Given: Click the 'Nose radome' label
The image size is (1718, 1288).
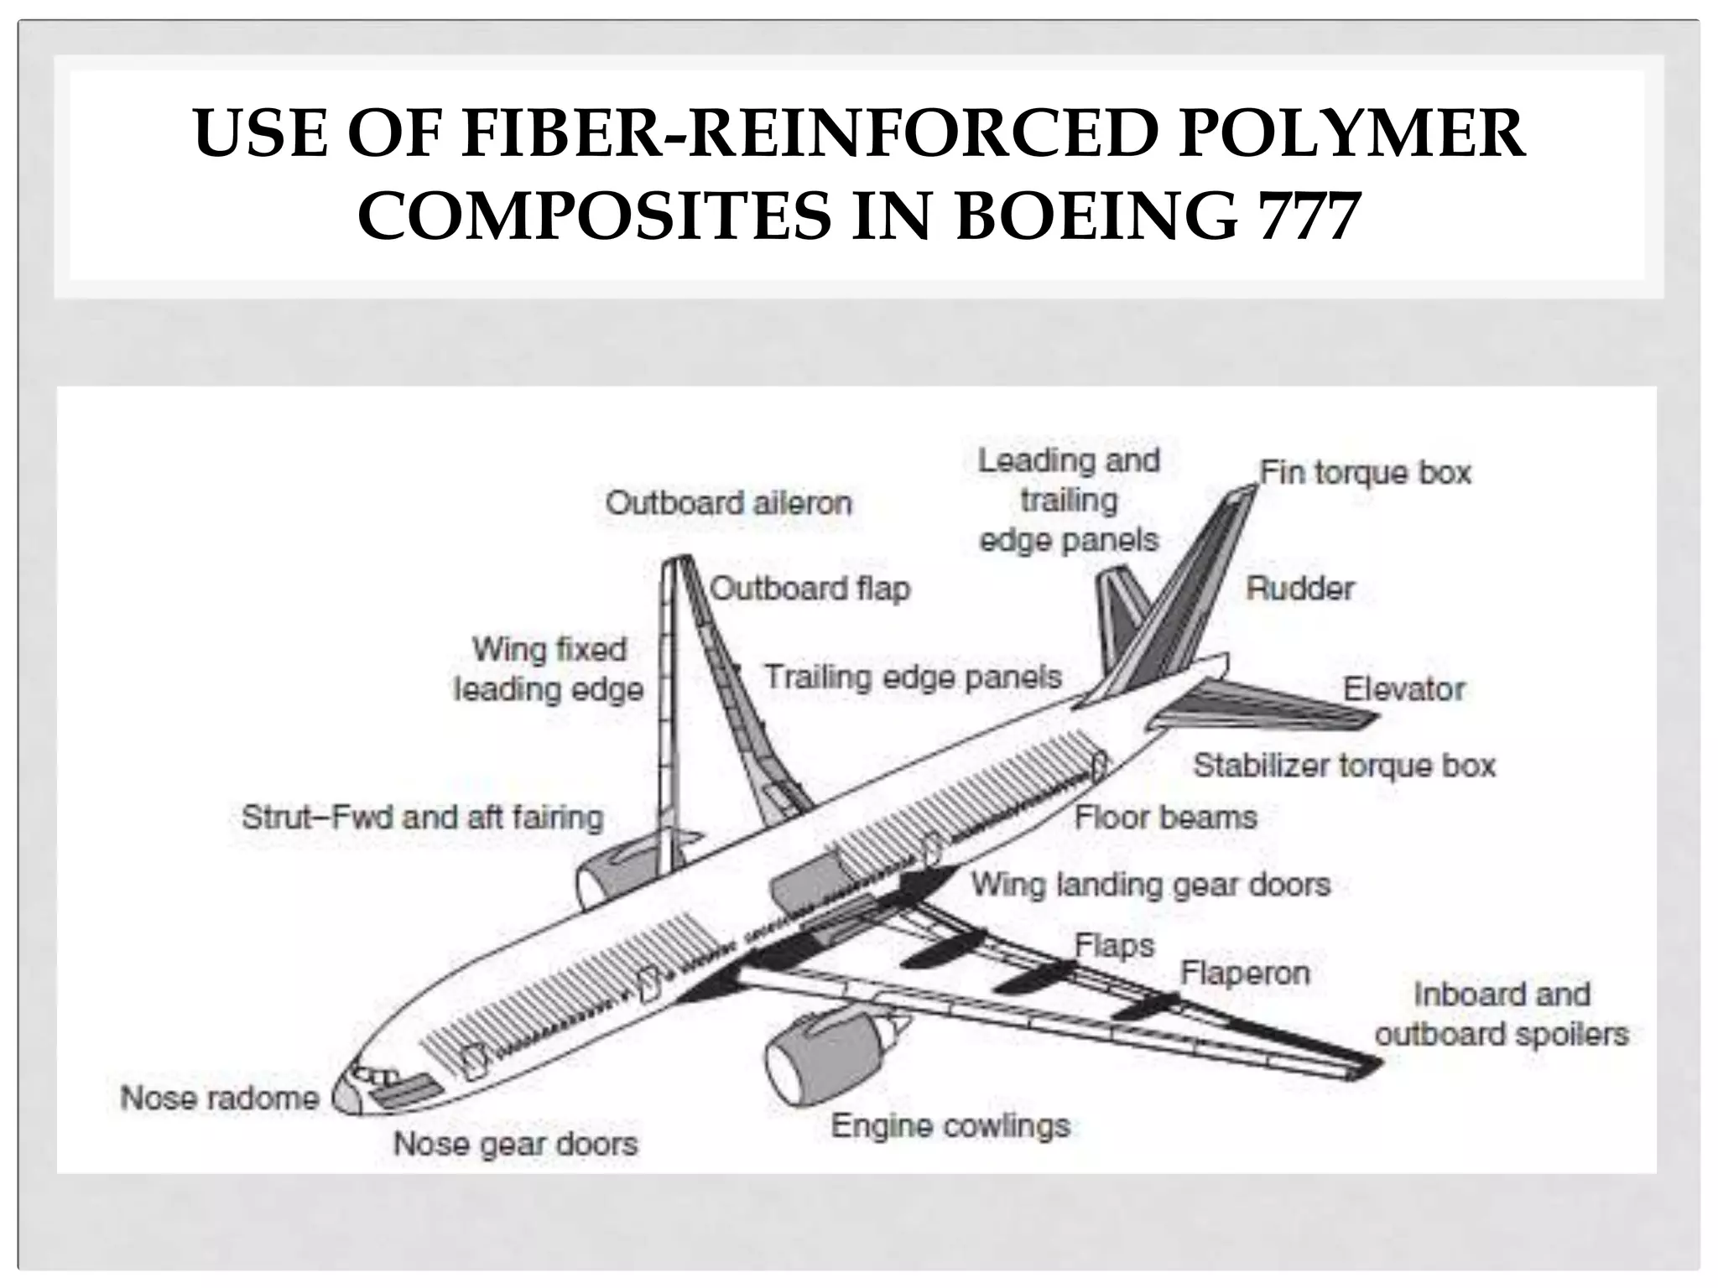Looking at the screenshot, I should tap(220, 1098).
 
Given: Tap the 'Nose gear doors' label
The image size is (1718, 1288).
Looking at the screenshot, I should tap(515, 1143).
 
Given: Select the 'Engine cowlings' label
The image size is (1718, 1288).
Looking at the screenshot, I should tap(950, 1125).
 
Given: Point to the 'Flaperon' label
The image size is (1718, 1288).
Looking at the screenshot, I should tap(1245, 974).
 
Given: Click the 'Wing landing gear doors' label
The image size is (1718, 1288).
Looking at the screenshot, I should tap(1151, 885).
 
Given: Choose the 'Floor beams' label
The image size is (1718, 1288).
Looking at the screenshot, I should tap(1166, 817).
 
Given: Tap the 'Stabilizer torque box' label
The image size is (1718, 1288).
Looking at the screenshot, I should tap(1344, 765).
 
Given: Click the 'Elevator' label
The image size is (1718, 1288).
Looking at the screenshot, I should tap(1403, 689).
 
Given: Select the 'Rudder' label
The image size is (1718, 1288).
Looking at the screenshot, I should tap(1300, 589).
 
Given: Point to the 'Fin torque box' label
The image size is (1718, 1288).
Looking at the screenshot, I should tap(1365, 473).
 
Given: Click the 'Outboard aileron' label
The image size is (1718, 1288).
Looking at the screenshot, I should tap(728, 503).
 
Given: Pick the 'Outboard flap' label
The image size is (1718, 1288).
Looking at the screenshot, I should tap(810, 589).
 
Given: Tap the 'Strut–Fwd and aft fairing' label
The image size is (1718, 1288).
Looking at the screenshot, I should tap(422, 817).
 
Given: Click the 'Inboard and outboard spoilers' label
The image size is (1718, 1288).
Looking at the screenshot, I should tap(1501, 1014).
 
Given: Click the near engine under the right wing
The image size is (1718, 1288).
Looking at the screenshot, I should tap(826, 1061).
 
